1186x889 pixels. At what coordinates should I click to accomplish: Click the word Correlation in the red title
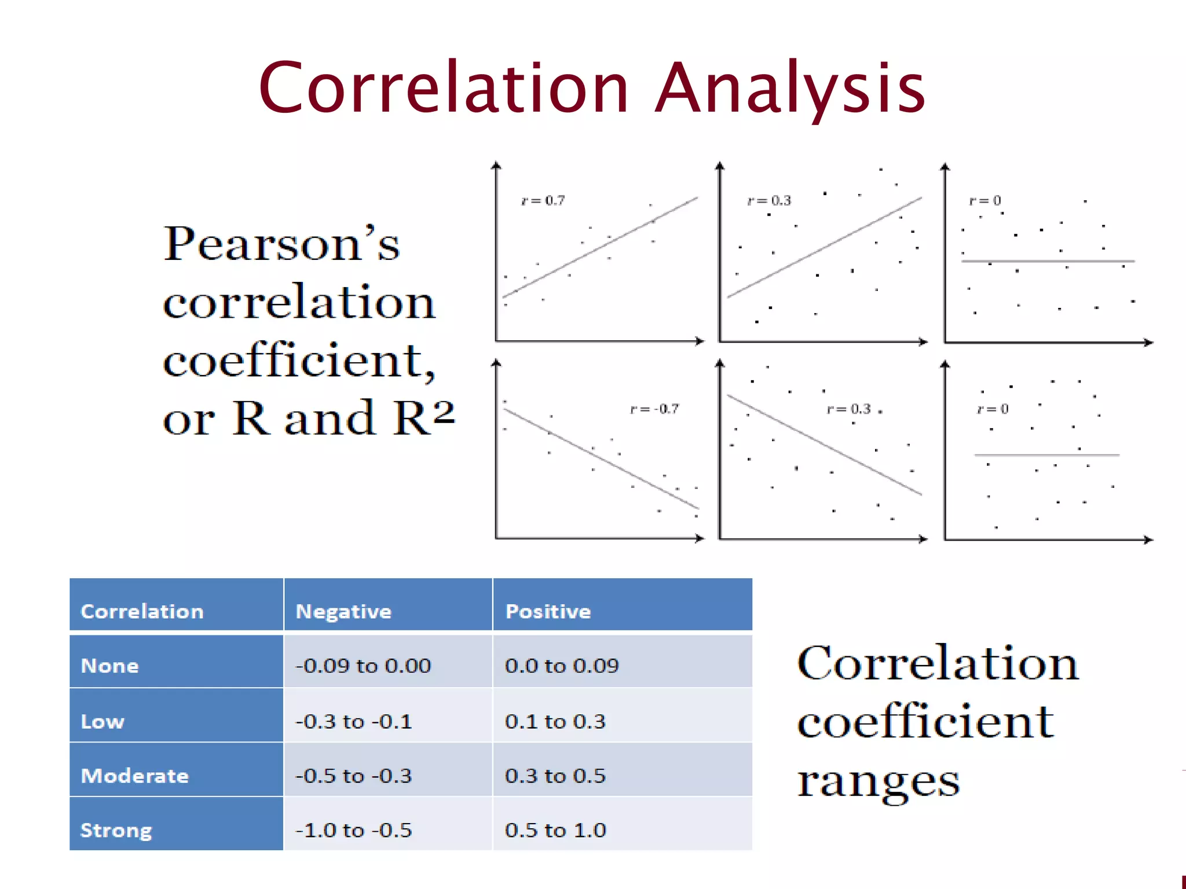click(x=444, y=88)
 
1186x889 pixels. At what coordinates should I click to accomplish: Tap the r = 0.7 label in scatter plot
click(x=543, y=201)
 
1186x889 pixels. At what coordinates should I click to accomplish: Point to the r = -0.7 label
click(x=654, y=409)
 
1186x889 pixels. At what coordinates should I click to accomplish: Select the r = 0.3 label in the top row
click(x=768, y=201)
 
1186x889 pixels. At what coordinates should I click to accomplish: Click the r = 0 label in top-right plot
click(x=984, y=201)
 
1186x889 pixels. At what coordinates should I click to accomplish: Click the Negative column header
click(x=343, y=612)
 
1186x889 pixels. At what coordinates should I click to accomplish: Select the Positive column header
click(x=548, y=612)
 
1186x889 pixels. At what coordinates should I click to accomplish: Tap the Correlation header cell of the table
click(x=142, y=612)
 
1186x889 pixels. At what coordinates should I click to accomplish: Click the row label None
click(x=110, y=666)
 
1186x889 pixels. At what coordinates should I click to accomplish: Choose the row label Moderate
click(x=134, y=776)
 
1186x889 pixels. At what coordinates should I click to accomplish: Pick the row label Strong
click(x=116, y=831)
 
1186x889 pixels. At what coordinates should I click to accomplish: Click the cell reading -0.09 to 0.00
click(x=363, y=666)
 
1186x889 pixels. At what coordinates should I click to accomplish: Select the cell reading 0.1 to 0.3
click(x=555, y=722)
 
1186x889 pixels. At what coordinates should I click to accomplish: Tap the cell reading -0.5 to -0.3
click(x=353, y=776)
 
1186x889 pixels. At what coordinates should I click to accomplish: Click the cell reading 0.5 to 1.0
click(x=555, y=831)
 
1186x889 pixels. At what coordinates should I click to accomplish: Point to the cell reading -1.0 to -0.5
click(x=353, y=831)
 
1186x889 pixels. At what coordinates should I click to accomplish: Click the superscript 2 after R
click(x=443, y=412)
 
